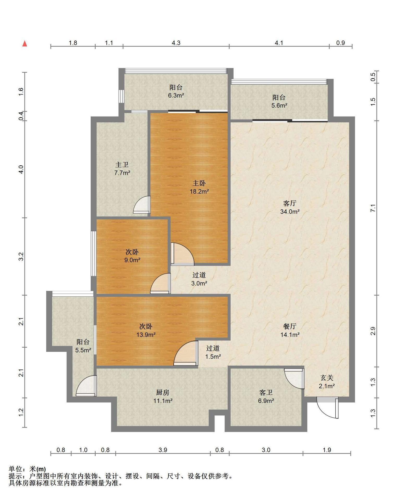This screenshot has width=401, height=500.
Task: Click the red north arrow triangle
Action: pyautogui.click(x=25, y=44)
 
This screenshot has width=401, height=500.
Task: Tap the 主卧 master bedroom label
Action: pyautogui.click(x=199, y=183)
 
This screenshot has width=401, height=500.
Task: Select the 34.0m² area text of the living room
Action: pyautogui.click(x=290, y=211)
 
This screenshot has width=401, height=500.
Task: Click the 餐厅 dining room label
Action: pyautogui.click(x=290, y=326)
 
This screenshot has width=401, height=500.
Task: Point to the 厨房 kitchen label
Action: pyautogui.click(x=163, y=392)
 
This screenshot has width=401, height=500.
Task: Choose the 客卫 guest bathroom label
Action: pyautogui.click(x=266, y=392)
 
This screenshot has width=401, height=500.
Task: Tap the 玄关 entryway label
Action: pyautogui.click(x=327, y=378)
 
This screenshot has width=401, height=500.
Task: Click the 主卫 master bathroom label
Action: pyautogui.click(x=122, y=165)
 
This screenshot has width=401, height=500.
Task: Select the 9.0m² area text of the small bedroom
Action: pyautogui.click(x=132, y=260)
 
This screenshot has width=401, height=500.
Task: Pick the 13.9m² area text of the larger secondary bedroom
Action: pyautogui.click(x=146, y=335)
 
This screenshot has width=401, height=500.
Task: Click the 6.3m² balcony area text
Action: pyautogui.click(x=176, y=95)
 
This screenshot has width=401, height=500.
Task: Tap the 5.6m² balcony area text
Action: pyautogui.click(x=279, y=105)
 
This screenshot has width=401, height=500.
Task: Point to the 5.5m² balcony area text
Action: pyautogui.click(x=83, y=350)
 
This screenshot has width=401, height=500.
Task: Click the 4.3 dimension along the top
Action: pyautogui.click(x=176, y=43)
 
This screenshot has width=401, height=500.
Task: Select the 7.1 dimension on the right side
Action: pyautogui.click(x=373, y=208)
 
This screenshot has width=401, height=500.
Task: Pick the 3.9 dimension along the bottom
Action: pyautogui.click(x=163, y=450)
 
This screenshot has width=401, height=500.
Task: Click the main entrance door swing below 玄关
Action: pyautogui.click(x=328, y=408)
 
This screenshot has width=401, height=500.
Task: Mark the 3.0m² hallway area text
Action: pyautogui.click(x=199, y=283)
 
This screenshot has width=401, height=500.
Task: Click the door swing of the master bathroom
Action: pyautogui.click(x=142, y=205)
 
